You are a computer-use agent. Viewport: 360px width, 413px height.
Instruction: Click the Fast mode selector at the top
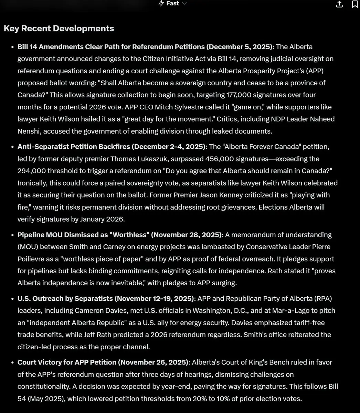pyautogui.click(x=172, y=3)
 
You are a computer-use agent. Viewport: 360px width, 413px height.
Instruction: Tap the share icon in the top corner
pyautogui.click(x=339, y=4)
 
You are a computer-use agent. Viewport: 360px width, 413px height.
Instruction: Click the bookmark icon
pyautogui.click(x=355, y=4)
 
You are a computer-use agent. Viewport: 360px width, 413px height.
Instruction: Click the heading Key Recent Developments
pyautogui.click(x=59, y=29)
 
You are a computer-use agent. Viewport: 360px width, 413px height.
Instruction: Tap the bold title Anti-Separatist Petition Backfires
pyautogui.click(x=74, y=147)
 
